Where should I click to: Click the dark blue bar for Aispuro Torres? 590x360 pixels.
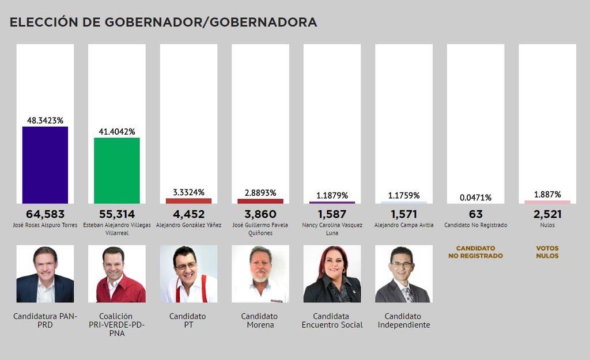point(45,165)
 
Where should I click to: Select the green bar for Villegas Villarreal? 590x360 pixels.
point(117,170)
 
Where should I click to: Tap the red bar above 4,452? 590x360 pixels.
point(188,200)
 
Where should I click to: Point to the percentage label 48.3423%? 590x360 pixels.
point(45,120)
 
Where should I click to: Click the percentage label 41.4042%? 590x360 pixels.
point(117,132)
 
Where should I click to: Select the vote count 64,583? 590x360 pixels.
point(45,214)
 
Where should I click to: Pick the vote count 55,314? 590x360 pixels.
point(117,214)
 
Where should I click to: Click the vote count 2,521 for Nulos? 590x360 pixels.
point(547,214)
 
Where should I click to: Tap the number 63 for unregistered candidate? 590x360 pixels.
point(476,214)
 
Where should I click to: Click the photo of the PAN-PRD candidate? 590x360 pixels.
point(45,274)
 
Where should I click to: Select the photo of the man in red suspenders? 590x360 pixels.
point(188,274)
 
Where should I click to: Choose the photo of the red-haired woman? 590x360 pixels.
point(332,274)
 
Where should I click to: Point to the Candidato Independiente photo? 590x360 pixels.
point(403,274)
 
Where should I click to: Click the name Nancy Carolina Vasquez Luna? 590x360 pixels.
point(332,229)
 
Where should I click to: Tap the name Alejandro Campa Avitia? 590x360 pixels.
point(403,225)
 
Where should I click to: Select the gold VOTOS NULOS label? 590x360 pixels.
point(547,252)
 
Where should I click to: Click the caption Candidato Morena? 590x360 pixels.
point(260,320)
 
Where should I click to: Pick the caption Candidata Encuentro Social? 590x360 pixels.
point(332,320)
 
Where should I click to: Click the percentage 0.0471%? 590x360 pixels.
point(476,198)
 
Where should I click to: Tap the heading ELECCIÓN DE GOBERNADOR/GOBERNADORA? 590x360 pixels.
point(163,22)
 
